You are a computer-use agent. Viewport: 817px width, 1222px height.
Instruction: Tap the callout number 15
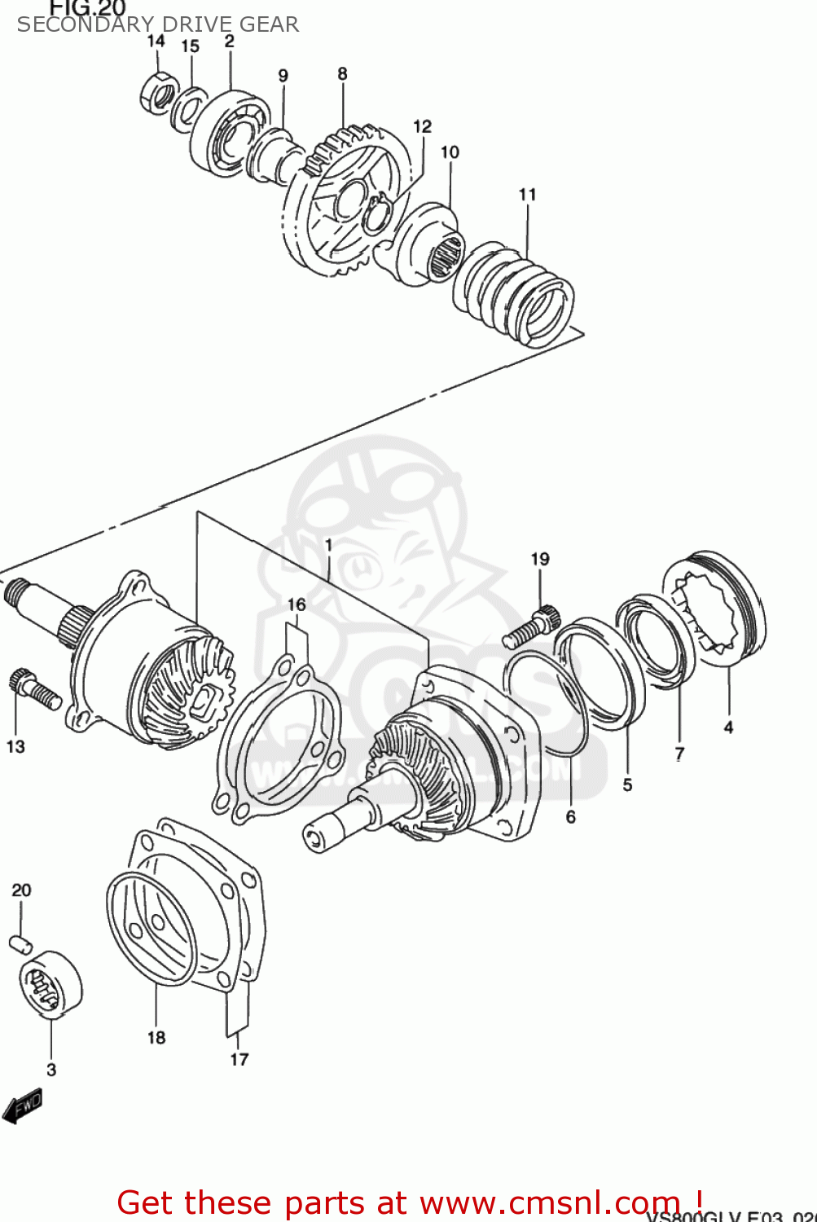pyautogui.click(x=190, y=46)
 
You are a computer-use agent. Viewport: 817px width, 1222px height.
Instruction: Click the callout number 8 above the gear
pyautogui.click(x=342, y=74)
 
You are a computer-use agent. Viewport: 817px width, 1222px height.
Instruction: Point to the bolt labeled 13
pyautogui.click(x=34, y=688)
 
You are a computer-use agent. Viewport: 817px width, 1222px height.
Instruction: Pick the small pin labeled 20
pyautogui.click(x=20, y=943)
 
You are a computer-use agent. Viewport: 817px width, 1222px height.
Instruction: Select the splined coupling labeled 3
pyautogui.click(x=50, y=984)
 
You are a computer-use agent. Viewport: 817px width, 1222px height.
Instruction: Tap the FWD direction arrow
pyautogui.click(x=22, y=1107)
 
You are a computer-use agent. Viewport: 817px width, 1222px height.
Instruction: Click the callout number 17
pyautogui.click(x=239, y=1059)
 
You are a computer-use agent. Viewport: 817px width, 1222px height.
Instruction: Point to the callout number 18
pyautogui.click(x=156, y=1037)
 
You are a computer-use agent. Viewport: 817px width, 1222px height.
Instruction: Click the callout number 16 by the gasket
pyautogui.click(x=296, y=604)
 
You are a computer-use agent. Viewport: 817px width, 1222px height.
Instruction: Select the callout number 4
pyautogui.click(x=728, y=727)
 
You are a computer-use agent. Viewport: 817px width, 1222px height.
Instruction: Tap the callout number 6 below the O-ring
pyautogui.click(x=570, y=816)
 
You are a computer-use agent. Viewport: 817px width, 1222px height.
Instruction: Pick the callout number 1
pyautogui.click(x=328, y=544)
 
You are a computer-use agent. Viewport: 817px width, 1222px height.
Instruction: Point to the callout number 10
pyautogui.click(x=450, y=152)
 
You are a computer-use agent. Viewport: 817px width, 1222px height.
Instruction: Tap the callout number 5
pyautogui.click(x=627, y=785)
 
